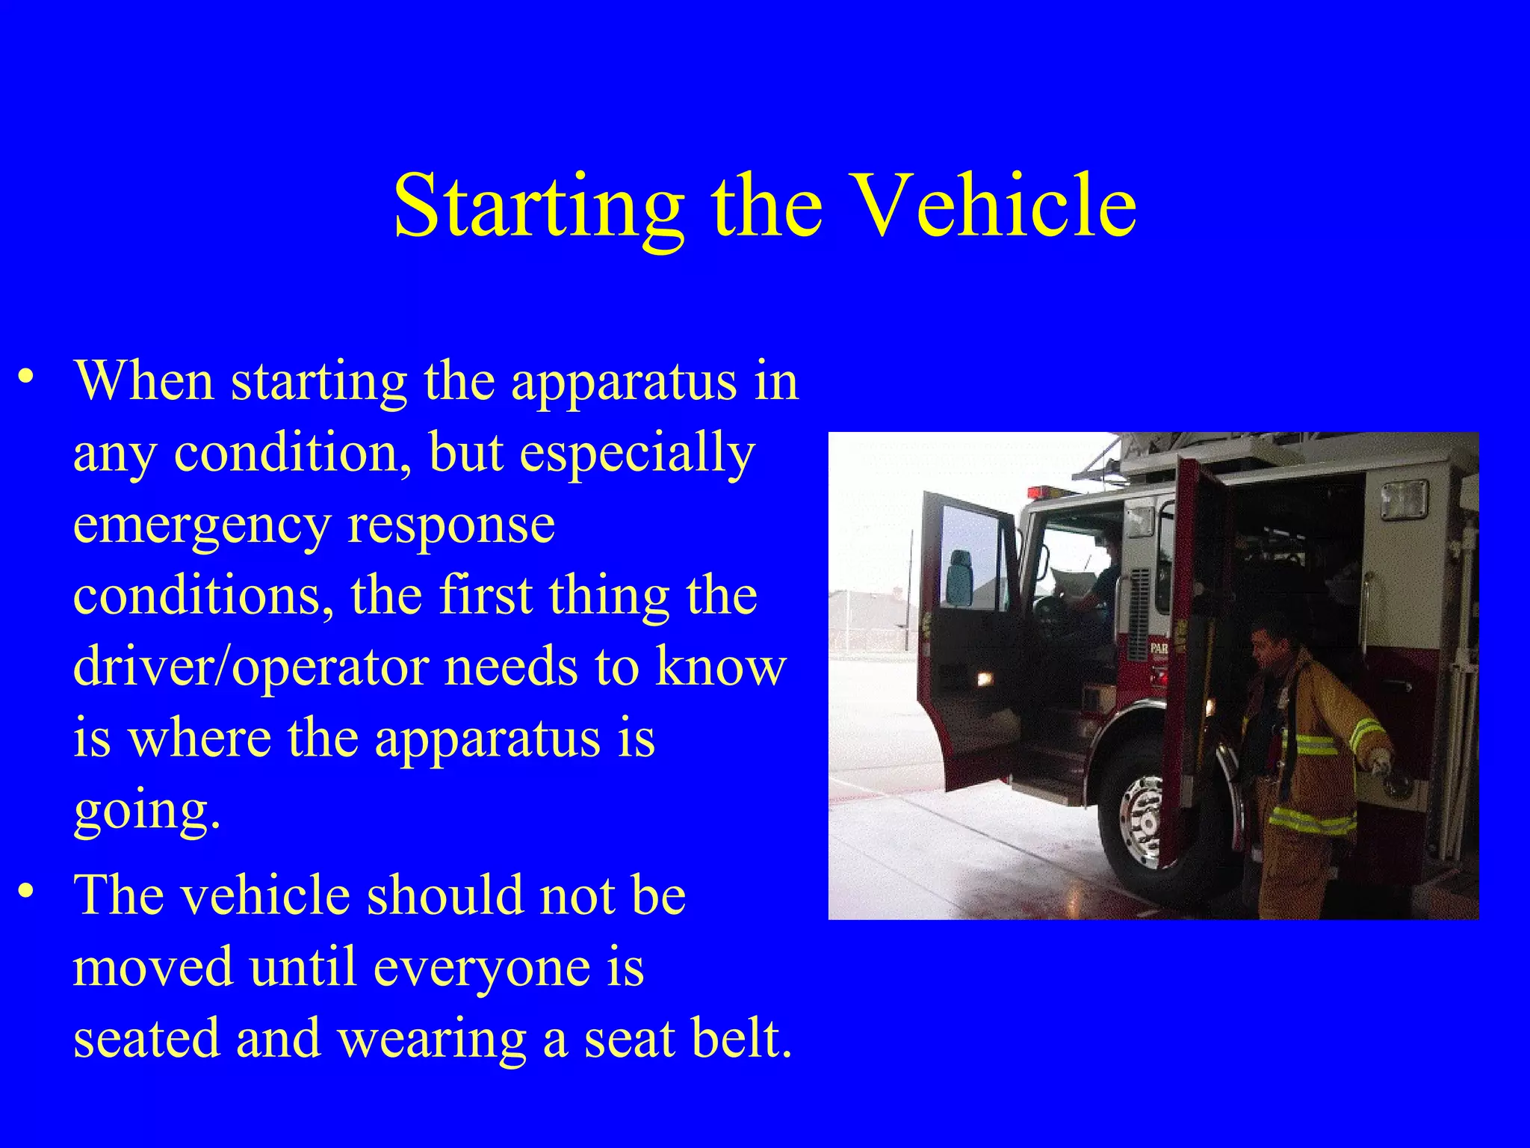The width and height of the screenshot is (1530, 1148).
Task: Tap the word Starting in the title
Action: (x=538, y=206)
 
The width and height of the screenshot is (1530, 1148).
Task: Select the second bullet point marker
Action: (x=27, y=890)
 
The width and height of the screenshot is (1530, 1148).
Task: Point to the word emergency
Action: (x=202, y=526)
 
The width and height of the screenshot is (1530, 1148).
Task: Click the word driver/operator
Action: (x=250, y=667)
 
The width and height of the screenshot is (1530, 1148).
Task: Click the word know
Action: (x=720, y=667)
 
